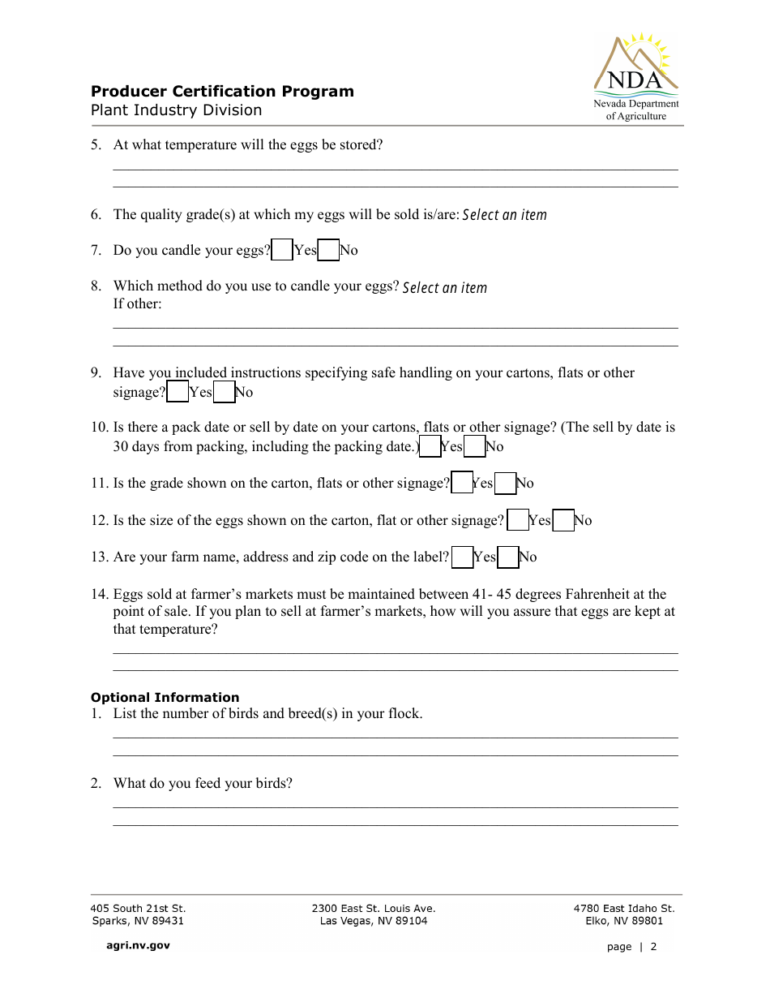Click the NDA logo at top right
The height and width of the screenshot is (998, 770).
(x=636, y=77)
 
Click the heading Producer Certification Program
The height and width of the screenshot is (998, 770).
(x=222, y=91)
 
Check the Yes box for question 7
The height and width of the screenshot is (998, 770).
(x=282, y=250)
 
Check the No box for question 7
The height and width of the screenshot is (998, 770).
(x=328, y=250)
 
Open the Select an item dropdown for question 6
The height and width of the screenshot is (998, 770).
(x=504, y=215)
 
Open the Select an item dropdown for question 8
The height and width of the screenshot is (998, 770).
(x=444, y=288)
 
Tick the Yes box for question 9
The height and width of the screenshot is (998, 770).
(x=178, y=393)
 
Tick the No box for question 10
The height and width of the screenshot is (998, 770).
(x=475, y=447)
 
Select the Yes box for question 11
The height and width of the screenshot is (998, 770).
(x=462, y=484)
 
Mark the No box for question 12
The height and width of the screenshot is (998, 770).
(x=563, y=521)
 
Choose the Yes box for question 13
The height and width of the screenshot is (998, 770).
(x=463, y=557)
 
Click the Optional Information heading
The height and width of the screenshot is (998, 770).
(x=165, y=697)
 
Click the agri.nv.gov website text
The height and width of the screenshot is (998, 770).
(x=138, y=945)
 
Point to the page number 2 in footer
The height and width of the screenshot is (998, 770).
(x=653, y=947)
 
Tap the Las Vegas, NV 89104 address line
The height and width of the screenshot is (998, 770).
(x=373, y=921)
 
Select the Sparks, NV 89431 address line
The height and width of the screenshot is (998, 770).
(x=137, y=921)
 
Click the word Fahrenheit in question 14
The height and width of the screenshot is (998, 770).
(x=602, y=594)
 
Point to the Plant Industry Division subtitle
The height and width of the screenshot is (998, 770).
(x=176, y=110)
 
